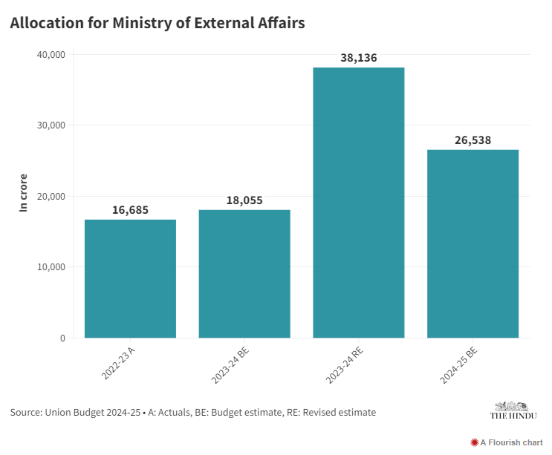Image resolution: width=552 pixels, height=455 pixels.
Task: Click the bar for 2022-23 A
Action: pyautogui.click(x=130, y=278)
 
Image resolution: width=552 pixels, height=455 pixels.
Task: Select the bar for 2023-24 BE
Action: pyautogui.click(x=244, y=274)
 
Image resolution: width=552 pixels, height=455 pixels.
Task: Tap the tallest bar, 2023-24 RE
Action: pyautogui.click(x=359, y=203)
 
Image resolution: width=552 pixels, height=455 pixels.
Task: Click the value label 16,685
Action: pyautogui.click(x=130, y=210)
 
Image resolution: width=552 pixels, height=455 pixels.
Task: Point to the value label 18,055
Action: pyautogui.click(x=244, y=200)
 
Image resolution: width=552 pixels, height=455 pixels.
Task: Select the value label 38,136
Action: pyautogui.click(x=359, y=58)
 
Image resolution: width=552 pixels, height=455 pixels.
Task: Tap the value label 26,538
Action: pyautogui.click(x=473, y=140)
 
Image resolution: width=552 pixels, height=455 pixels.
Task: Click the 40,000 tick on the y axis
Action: pyautogui.click(x=51, y=55)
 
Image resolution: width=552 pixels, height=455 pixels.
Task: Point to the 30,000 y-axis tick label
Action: pyautogui.click(x=51, y=125)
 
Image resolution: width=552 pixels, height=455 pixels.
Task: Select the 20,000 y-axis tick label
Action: pyautogui.click(x=51, y=197)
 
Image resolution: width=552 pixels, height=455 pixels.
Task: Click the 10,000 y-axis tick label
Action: pyautogui.click(x=51, y=267)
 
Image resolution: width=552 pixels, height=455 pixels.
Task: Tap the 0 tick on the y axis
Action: pyautogui.click(x=62, y=338)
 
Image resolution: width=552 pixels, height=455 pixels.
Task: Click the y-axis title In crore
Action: pyautogui.click(x=23, y=196)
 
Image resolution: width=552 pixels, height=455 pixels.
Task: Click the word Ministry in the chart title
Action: pyautogui.click(x=146, y=23)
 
